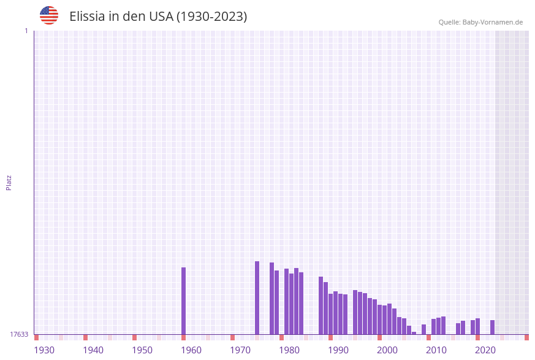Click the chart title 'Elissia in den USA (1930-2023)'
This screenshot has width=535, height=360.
coord(158,17)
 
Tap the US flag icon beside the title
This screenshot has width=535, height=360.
coord(49,15)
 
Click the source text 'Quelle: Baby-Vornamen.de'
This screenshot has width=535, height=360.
coord(480,22)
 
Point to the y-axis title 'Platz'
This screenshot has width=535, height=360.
coord(9,182)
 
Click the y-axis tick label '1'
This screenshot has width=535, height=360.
coord(26,31)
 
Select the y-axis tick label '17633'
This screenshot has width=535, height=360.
coord(19,334)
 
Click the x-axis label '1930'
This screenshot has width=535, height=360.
coord(44,350)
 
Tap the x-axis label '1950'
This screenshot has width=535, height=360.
coord(142,350)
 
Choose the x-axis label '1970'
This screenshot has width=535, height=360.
coord(240,350)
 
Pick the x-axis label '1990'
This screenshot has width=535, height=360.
coord(338,350)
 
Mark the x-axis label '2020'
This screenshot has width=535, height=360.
coord(485,350)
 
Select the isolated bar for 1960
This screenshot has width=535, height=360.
coord(183,301)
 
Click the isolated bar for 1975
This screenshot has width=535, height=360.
coord(257,297)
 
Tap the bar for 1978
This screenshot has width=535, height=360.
coord(271,298)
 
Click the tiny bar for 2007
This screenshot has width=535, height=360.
coord(414,333)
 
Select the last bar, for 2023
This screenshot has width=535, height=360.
coord(492,327)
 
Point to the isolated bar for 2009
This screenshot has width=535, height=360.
coord(423,329)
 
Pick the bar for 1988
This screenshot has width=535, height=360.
coord(321,305)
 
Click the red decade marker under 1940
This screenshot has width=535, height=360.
coord(85,337)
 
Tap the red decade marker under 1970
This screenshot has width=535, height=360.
coord(232,337)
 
